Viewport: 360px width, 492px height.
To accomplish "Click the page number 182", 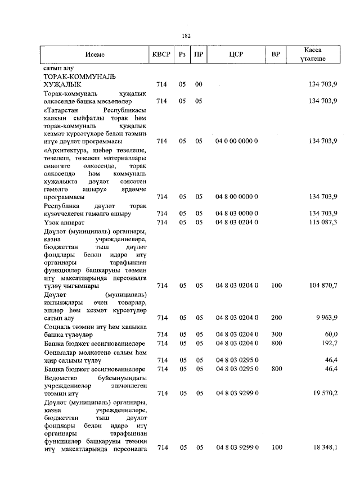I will [186, 35].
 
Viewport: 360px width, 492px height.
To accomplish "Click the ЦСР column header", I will [236, 55].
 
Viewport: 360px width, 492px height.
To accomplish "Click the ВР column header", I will [276, 55].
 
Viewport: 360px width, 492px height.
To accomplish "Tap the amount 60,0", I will [330, 334].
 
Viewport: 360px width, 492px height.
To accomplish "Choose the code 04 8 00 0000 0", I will [236, 197].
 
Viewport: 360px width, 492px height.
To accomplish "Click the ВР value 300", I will [276, 334].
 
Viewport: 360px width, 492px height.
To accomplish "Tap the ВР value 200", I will [276, 318].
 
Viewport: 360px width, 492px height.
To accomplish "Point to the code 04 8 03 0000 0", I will [236, 214].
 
